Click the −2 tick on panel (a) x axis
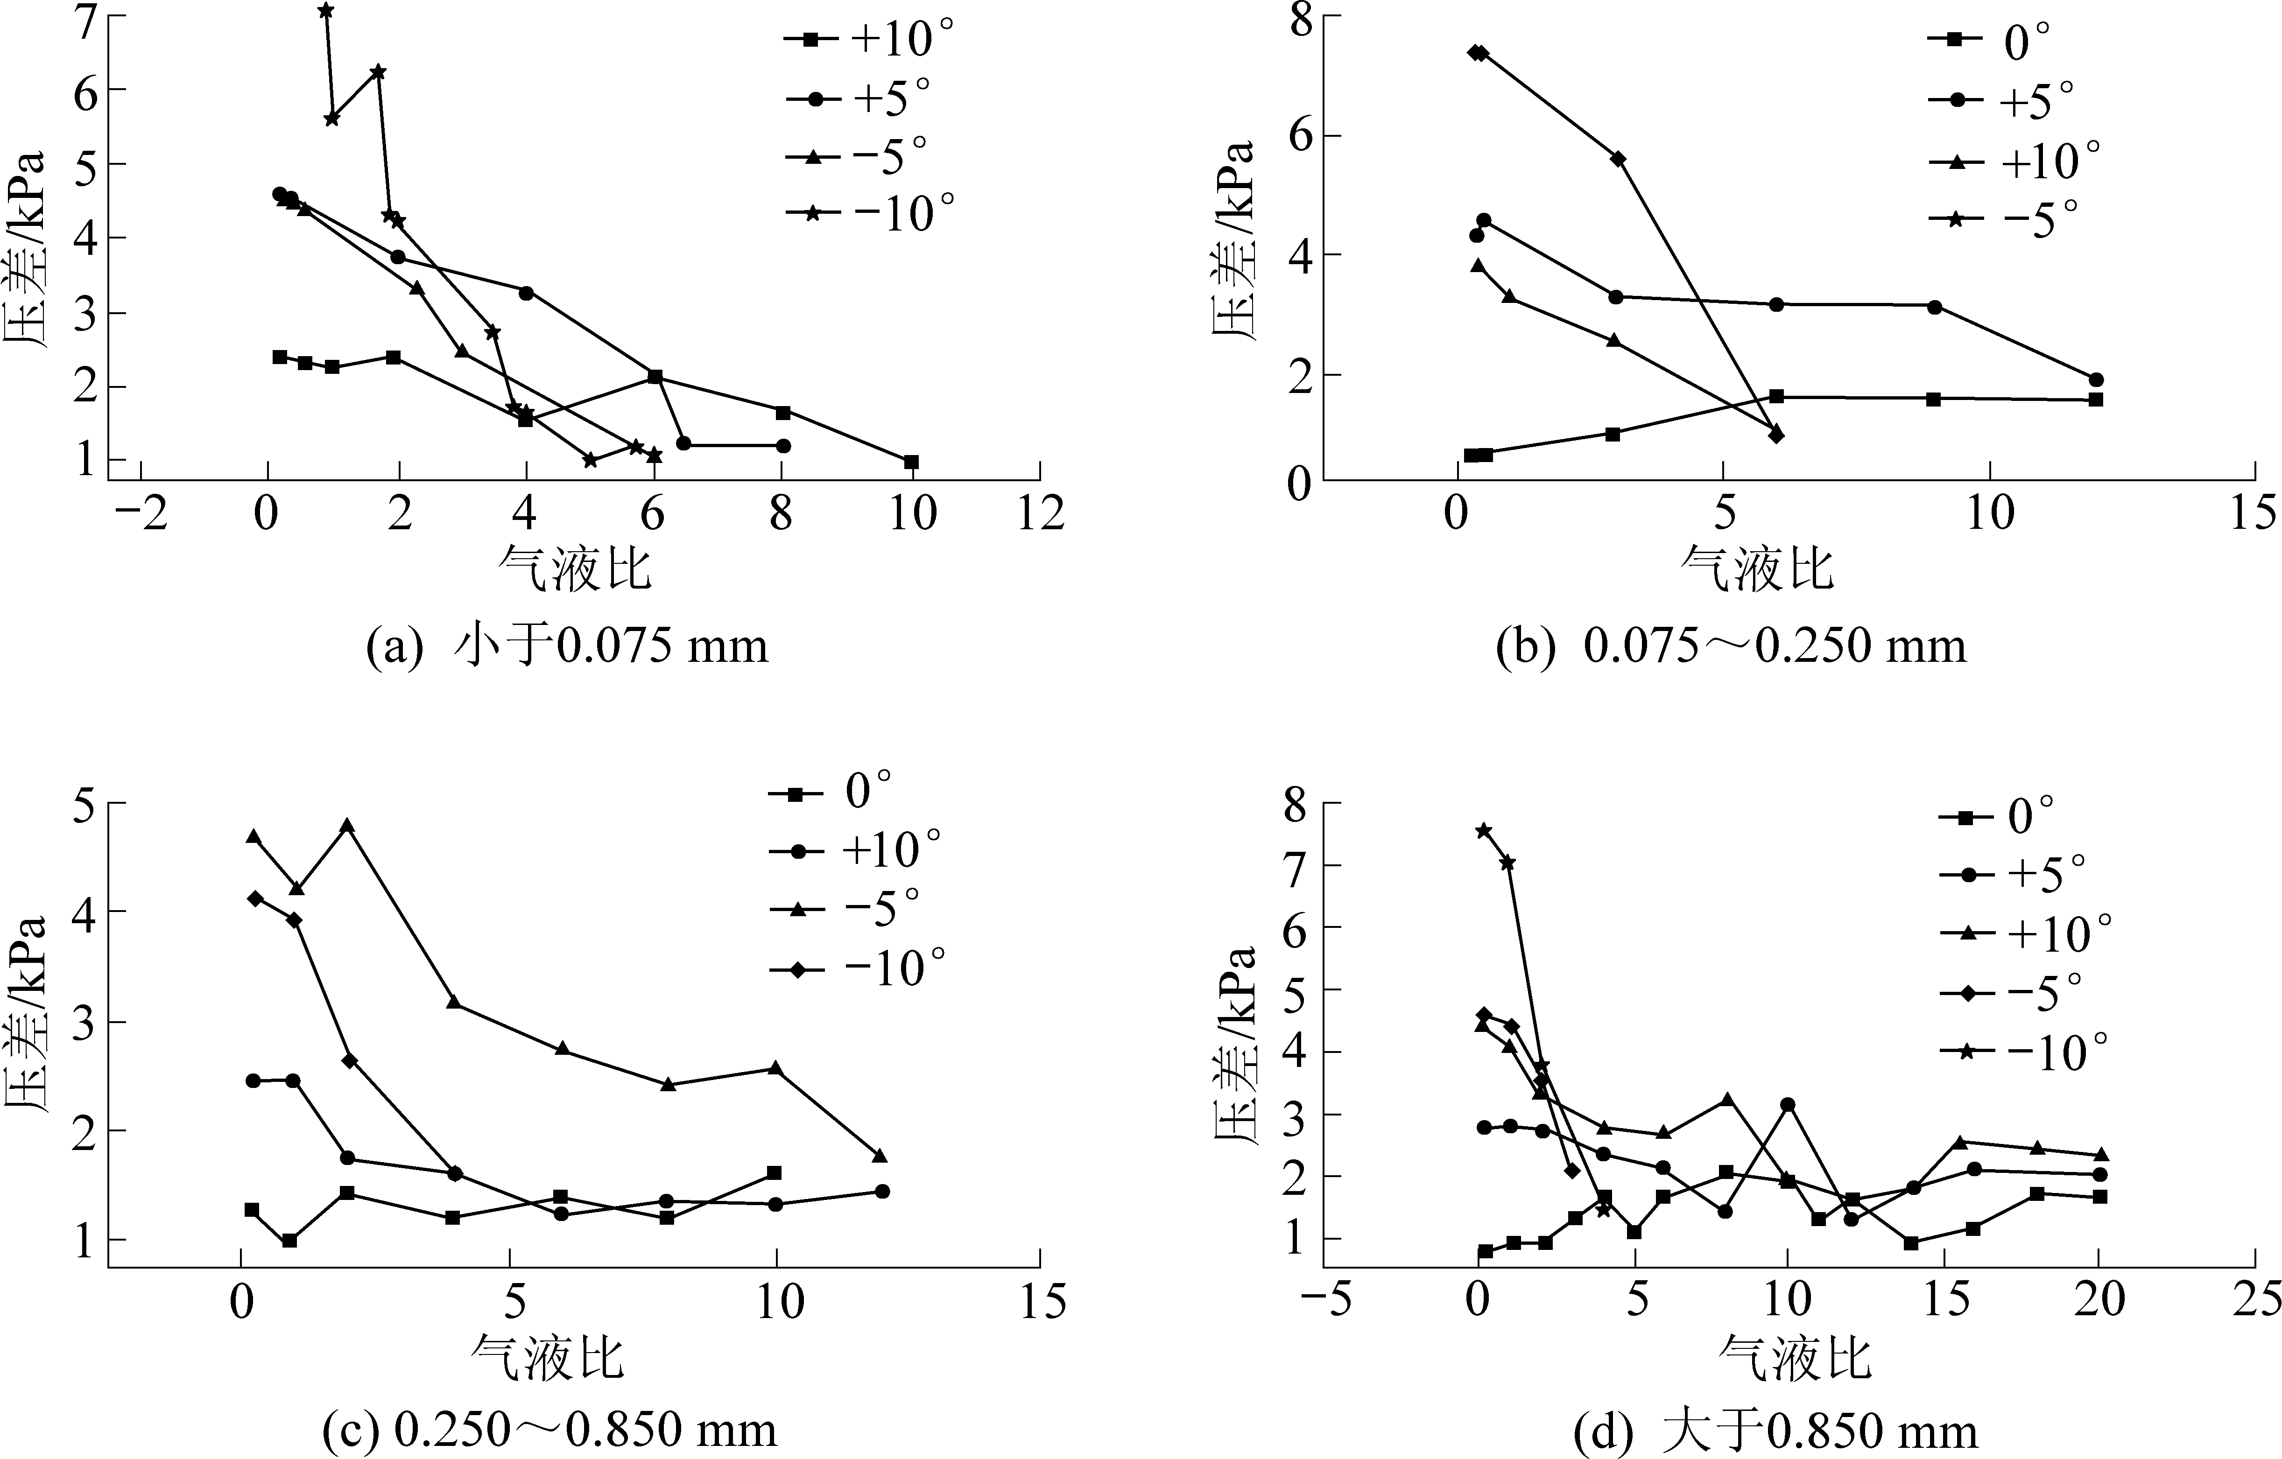tap(140, 514)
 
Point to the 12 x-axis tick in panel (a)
tap(1040, 514)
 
